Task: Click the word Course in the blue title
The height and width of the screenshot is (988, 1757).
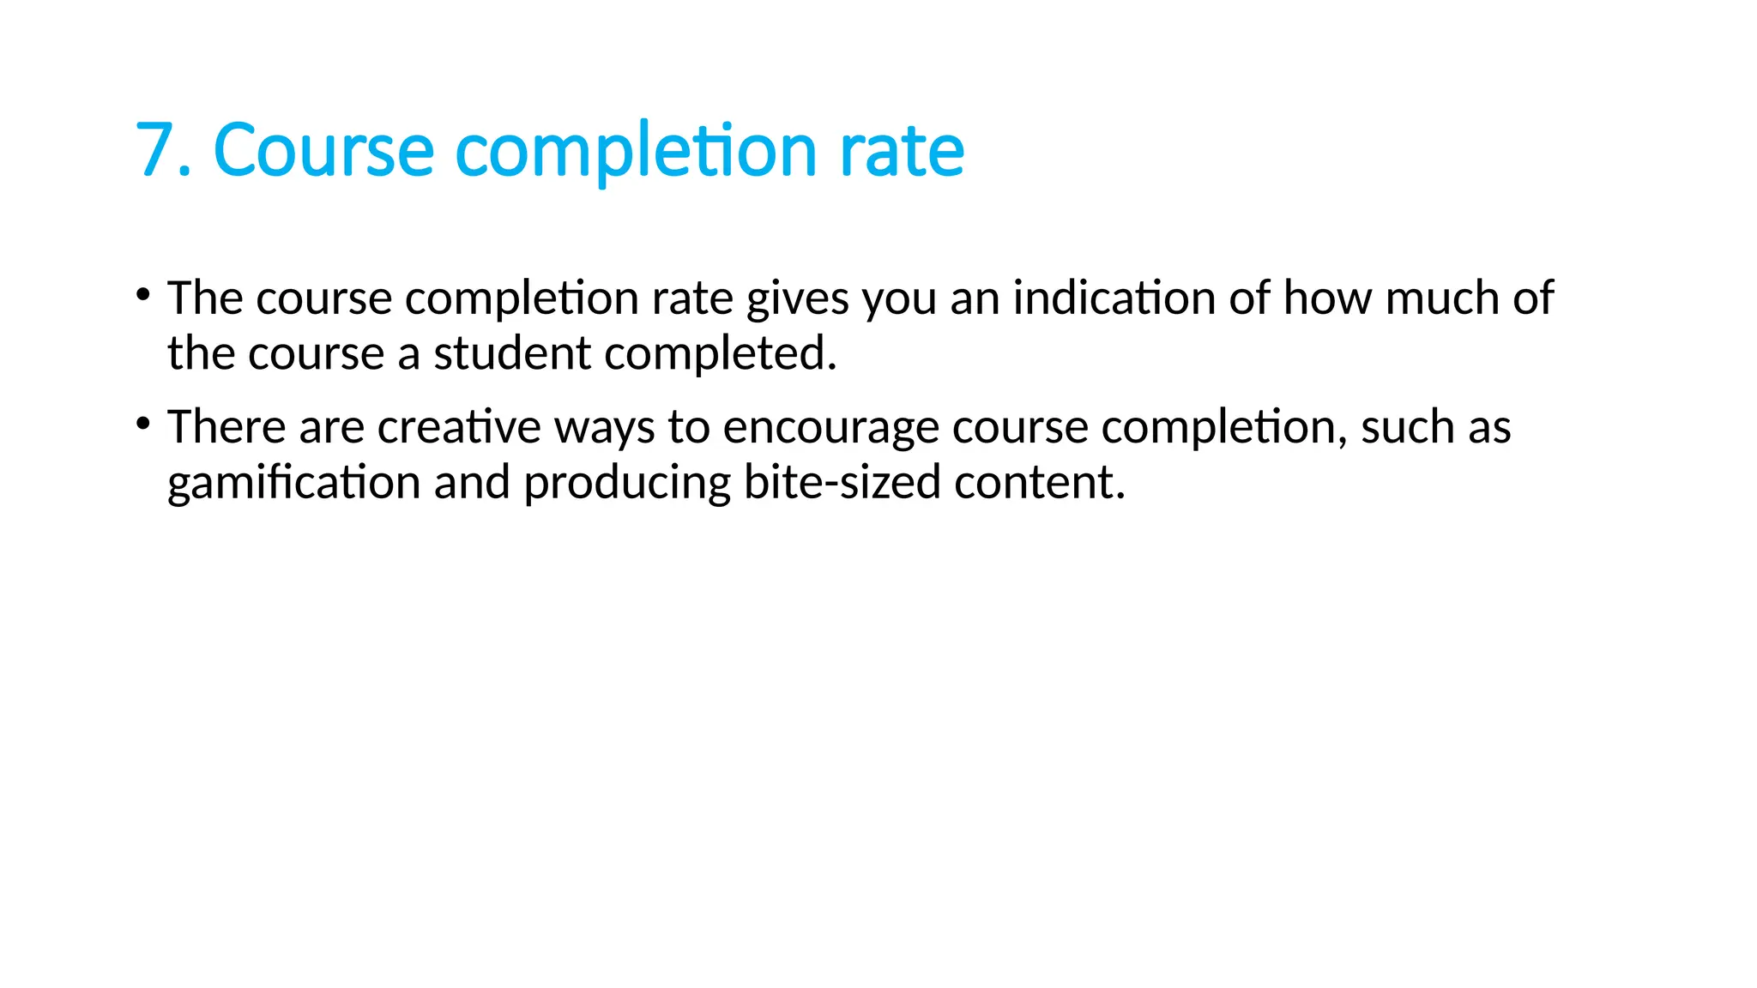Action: [x=323, y=150]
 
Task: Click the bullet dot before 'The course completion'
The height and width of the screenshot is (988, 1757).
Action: [x=143, y=296]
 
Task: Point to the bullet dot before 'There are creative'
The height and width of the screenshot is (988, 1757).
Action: [x=143, y=424]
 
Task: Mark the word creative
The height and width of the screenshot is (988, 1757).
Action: [x=459, y=426]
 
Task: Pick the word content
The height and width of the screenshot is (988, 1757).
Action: [x=1039, y=482]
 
